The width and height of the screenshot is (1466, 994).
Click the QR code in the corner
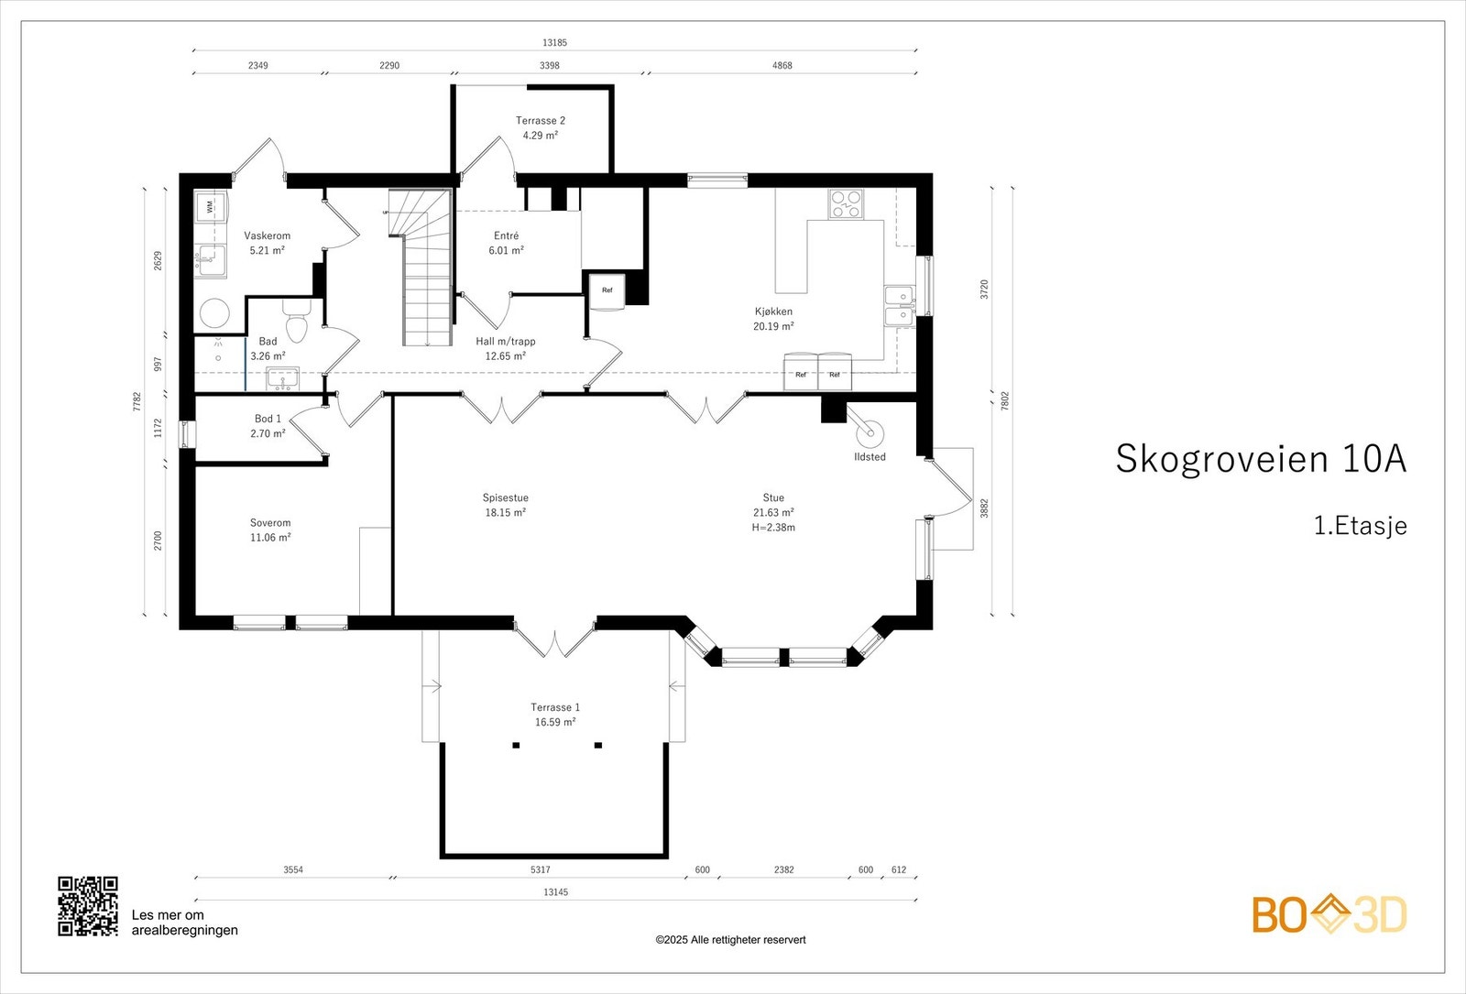88,906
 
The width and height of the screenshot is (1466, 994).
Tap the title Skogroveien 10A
1260,458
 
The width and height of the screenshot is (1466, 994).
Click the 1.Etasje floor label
1360,526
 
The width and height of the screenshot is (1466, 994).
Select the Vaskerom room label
267,235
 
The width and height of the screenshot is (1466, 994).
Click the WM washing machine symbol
210,208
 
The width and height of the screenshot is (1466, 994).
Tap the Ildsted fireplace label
870,456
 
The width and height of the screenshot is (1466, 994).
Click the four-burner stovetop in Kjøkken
846,203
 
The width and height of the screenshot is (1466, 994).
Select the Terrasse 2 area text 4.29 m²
540,136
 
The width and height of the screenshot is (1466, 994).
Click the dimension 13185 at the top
554,42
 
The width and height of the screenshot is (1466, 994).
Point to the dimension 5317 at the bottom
541,869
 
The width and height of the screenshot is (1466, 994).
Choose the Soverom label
270,523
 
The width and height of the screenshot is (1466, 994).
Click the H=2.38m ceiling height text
773,528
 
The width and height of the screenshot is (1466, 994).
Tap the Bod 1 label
268,419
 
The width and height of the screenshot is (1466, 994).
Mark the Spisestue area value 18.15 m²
505,513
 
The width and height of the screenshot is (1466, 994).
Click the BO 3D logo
1329,914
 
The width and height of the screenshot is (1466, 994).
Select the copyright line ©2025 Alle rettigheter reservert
730,940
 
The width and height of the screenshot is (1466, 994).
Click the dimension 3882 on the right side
984,508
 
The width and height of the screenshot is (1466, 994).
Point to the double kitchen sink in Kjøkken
899,306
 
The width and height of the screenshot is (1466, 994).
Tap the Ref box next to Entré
607,290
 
